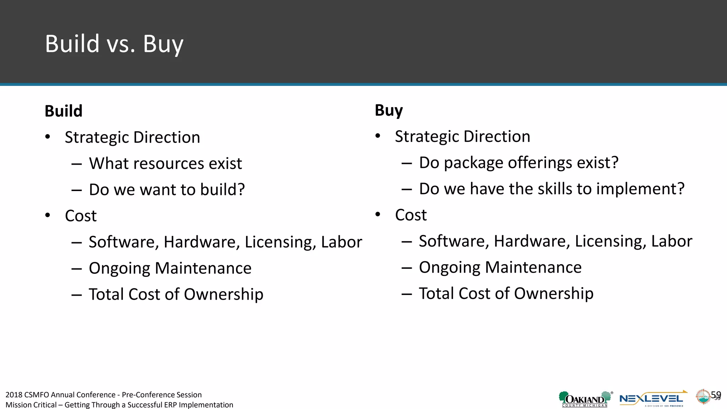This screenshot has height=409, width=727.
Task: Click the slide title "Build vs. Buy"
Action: (x=114, y=44)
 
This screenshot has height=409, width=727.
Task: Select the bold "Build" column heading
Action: (x=64, y=111)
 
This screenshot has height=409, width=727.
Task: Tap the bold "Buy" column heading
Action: (x=389, y=110)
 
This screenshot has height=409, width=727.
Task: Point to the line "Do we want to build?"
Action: (x=167, y=190)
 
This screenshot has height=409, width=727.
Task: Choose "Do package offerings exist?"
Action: (x=519, y=163)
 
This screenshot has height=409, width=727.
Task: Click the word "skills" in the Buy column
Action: (x=554, y=189)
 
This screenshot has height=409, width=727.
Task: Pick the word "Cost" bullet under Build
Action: (x=81, y=216)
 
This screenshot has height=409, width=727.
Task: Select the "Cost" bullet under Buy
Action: (x=411, y=215)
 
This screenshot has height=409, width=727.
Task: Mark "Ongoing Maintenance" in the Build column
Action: (x=170, y=268)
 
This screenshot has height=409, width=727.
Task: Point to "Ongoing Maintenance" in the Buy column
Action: (x=500, y=267)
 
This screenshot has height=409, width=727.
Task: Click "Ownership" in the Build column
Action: (x=223, y=294)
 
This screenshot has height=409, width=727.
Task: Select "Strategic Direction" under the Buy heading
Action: (x=463, y=137)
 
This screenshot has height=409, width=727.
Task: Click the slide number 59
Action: (x=716, y=395)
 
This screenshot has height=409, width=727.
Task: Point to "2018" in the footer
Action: (x=14, y=395)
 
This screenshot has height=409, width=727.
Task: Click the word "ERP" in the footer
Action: (x=170, y=405)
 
